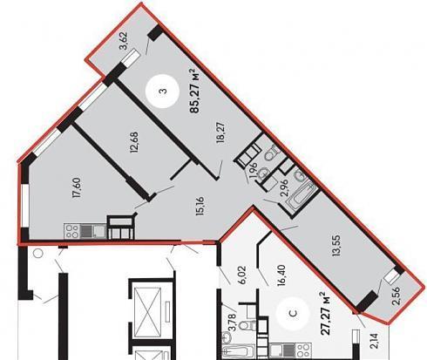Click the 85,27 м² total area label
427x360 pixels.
point(195,91)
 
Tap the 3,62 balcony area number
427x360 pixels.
point(125,42)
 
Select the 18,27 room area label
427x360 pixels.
point(220,132)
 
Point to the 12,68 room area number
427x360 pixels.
point(134,143)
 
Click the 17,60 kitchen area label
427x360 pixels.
point(77,187)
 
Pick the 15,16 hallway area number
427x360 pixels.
point(200,207)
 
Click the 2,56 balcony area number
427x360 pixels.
point(396,295)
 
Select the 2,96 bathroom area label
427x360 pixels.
point(284,187)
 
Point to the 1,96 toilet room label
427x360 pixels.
point(253,170)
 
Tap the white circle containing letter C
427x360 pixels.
point(294,314)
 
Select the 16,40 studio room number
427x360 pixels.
point(281,275)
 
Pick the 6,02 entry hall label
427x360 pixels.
point(243,275)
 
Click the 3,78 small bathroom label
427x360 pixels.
point(232,321)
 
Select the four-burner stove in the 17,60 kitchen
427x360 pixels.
point(71,231)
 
